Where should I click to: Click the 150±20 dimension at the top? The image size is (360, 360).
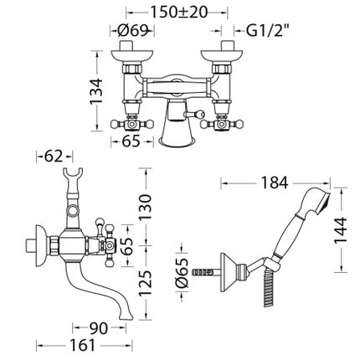[179, 12]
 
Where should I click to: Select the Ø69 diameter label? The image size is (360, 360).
[132, 31]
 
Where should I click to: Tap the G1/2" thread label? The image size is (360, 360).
[265, 31]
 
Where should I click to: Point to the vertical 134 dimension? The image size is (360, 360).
[96, 91]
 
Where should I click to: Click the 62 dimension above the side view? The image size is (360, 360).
[54, 157]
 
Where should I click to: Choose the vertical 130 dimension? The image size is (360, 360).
[145, 207]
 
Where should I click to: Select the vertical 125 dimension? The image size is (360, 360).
[145, 283]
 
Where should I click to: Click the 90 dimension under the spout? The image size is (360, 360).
[98, 328]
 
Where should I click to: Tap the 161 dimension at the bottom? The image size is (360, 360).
[82, 346]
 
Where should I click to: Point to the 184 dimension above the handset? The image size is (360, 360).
[274, 183]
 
